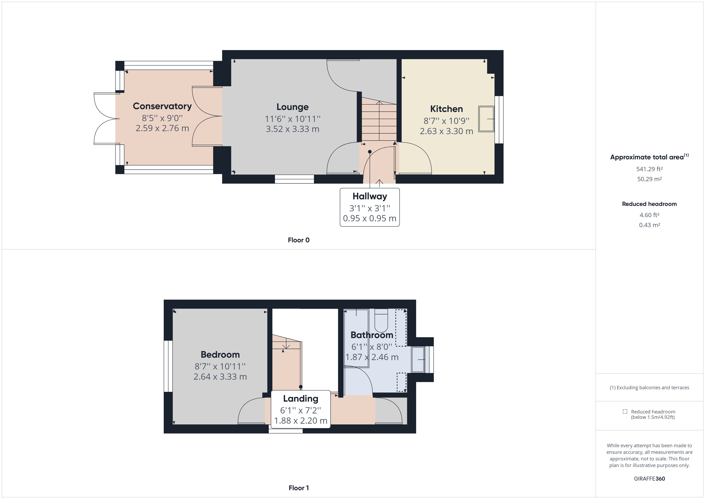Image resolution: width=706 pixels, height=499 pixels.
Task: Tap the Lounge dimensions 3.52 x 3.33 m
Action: tap(292, 129)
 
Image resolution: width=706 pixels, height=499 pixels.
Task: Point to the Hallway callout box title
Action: tap(370, 196)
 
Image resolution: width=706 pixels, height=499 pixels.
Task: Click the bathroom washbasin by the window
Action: tap(418, 359)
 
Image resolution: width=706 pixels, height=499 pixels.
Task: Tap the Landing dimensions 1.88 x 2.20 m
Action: tap(300, 420)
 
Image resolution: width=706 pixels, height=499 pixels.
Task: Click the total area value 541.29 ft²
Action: tap(649, 169)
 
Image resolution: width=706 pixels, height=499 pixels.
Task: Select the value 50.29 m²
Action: tap(649, 179)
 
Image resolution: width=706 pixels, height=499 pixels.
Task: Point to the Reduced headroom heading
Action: tap(649, 204)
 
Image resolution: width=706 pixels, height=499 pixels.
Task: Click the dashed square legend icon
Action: tap(625, 411)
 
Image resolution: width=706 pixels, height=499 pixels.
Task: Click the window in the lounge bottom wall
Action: tap(294, 179)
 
